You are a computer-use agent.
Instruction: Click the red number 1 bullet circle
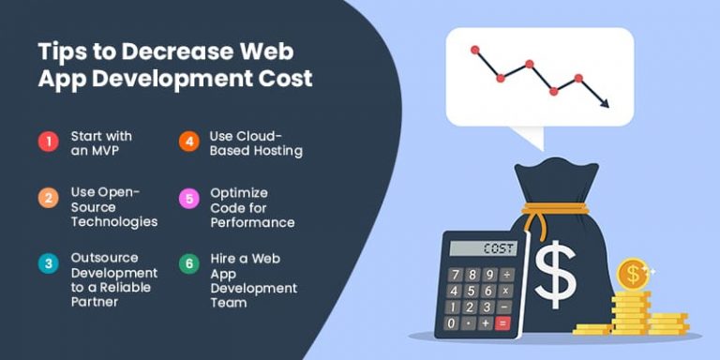48,142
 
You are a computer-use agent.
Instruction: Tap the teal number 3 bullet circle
48,264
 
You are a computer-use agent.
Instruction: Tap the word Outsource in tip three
104,258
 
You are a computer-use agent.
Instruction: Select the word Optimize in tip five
240,192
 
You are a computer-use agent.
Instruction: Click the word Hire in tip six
224,258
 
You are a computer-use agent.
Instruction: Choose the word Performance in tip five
252,222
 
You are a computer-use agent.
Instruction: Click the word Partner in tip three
95,303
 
